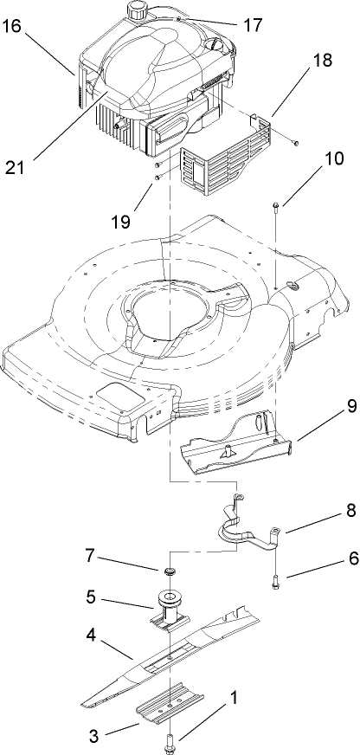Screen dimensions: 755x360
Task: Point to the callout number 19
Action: [x=121, y=221]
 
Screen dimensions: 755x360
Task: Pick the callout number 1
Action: [x=230, y=695]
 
